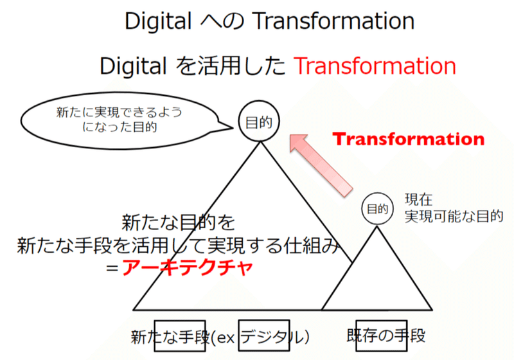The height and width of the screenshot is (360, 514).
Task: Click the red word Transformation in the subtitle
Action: click(375, 66)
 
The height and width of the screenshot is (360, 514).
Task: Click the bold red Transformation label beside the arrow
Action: click(409, 139)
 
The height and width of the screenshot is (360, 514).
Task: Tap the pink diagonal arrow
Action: click(321, 166)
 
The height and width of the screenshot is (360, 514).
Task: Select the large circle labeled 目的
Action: click(259, 122)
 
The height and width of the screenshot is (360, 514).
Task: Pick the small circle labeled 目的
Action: click(377, 209)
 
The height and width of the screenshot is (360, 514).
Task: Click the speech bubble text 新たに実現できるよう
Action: click(119, 113)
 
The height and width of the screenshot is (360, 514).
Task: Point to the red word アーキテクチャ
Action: click(188, 267)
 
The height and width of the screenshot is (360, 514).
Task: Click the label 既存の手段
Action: click(386, 336)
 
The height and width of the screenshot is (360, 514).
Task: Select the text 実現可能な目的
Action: click(454, 216)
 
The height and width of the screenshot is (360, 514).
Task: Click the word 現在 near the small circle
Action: click(419, 199)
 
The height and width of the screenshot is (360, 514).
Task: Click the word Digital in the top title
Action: click(158, 21)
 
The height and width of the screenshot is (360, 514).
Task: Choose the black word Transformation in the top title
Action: click(334, 21)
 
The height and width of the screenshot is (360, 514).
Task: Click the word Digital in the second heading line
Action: click(133, 66)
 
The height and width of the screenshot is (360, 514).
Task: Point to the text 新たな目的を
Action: click(179, 222)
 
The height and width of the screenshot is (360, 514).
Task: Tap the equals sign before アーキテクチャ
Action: click(112, 268)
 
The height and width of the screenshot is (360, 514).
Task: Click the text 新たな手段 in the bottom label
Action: click(170, 337)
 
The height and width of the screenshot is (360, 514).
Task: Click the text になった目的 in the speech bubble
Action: click(120, 127)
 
